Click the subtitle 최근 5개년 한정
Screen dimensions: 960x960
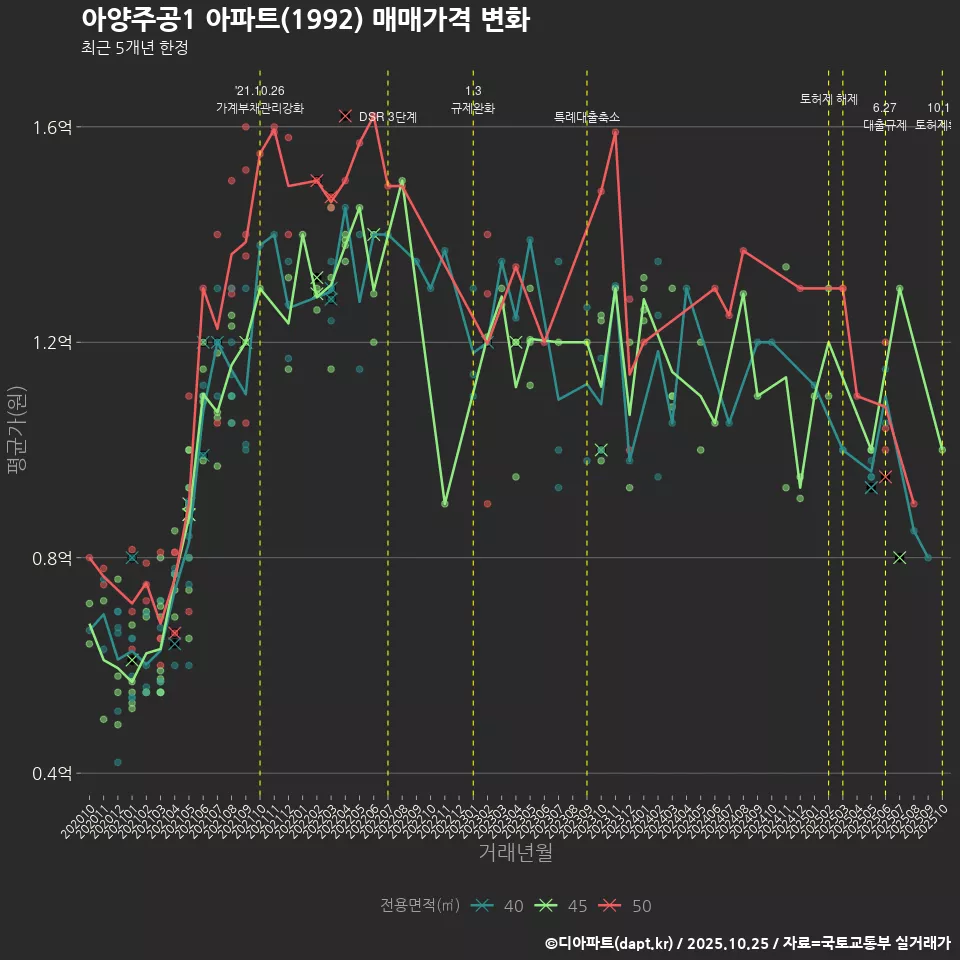(134, 47)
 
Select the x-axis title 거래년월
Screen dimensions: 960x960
(515, 853)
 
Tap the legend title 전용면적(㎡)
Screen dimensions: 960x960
(420, 906)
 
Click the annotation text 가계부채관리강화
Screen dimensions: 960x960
(260, 107)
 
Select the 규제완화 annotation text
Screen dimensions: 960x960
(473, 108)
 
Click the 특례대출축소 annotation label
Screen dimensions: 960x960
(587, 117)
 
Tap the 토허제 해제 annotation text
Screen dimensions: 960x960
(829, 99)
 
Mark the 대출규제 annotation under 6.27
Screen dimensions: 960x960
(885, 126)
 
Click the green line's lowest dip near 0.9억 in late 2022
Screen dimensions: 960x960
(445, 503)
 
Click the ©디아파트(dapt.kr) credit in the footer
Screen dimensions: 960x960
(613, 943)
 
